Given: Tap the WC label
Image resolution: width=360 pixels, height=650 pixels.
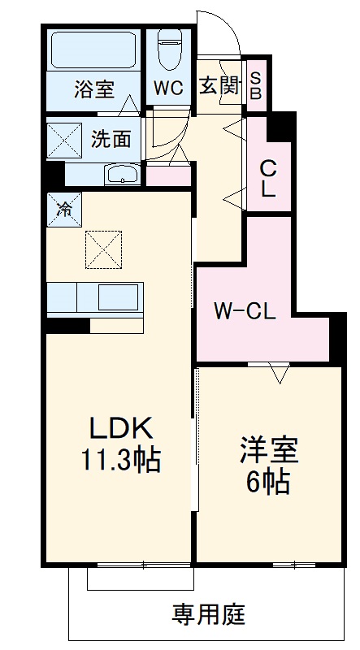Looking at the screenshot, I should (169, 89).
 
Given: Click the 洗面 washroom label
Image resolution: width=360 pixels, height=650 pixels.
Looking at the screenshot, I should (111, 139).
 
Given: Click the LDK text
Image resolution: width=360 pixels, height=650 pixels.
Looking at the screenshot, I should (120, 428).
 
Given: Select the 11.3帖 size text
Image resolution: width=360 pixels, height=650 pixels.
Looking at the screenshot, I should (120, 461).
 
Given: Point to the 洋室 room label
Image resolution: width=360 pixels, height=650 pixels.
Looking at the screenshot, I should (268, 449).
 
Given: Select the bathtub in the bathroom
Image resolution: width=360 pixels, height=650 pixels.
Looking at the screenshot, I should (94, 50).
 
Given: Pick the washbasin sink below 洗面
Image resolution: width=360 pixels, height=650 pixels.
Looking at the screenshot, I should (123, 173).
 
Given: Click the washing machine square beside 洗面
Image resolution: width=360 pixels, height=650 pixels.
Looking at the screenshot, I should (63, 138).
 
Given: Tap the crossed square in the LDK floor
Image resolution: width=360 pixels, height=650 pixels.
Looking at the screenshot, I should (104, 247).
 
